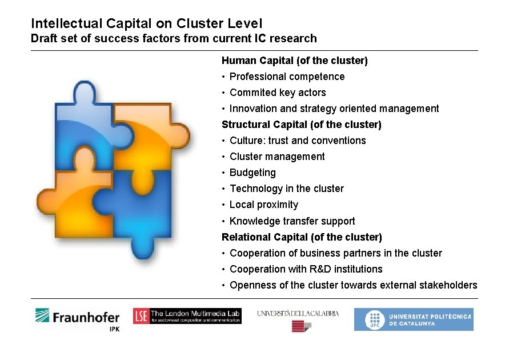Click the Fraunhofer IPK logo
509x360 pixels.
tap(77, 319)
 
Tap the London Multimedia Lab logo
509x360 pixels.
tap(187, 316)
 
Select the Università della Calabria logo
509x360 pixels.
tap(298, 319)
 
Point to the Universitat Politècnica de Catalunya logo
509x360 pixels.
tap(413, 319)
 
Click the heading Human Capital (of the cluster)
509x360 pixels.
tap(294, 60)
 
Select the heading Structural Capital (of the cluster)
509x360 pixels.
tap(301, 124)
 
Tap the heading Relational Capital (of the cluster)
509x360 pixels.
tap(302, 237)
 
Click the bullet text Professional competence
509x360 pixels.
tap(287, 77)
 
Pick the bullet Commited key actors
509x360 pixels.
tap(278, 93)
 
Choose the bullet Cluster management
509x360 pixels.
tap(277, 157)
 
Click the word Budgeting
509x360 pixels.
tap(253, 173)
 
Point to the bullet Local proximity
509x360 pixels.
tap(264, 205)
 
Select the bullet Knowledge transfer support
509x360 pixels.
tap(292, 221)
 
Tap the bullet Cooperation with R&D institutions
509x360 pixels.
tap(306, 269)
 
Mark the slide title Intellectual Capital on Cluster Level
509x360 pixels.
tap(147, 23)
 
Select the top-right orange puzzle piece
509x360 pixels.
tap(146, 134)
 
